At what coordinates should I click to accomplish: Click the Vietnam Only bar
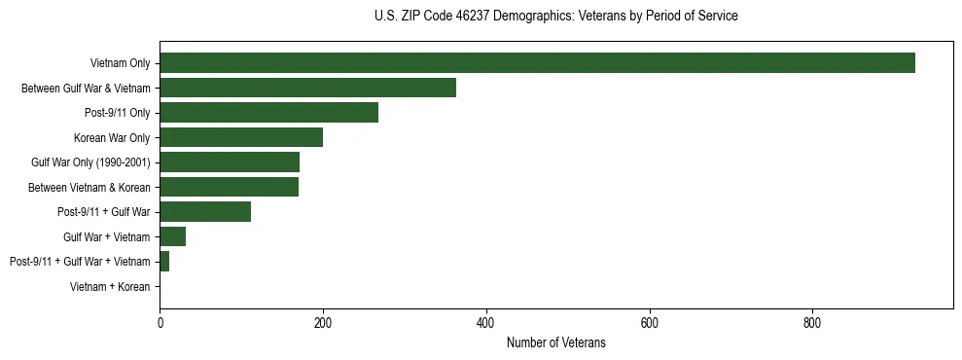(x=537, y=63)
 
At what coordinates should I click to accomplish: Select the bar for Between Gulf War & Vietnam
(x=307, y=88)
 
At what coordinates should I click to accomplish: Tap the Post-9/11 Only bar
(x=268, y=113)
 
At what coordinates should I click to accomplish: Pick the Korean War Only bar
(x=241, y=137)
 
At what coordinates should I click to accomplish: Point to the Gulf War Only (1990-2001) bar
(x=230, y=162)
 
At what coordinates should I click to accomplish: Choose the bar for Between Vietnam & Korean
(x=229, y=187)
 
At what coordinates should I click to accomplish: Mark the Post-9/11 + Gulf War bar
(x=205, y=212)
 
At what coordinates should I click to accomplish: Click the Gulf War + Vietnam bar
(x=172, y=236)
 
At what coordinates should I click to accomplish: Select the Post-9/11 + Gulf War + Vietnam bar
(x=164, y=262)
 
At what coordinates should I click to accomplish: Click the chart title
(x=555, y=17)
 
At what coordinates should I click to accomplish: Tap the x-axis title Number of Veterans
(x=555, y=342)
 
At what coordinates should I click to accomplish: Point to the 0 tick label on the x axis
(x=160, y=322)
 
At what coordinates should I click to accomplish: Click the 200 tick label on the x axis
(x=323, y=322)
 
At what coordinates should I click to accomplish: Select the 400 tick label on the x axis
(x=486, y=322)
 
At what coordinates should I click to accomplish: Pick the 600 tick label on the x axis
(x=650, y=322)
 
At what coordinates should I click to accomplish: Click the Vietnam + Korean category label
(x=110, y=287)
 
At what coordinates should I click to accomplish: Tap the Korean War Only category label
(x=112, y=138)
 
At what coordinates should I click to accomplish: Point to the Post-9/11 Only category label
(x=117, y=113)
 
